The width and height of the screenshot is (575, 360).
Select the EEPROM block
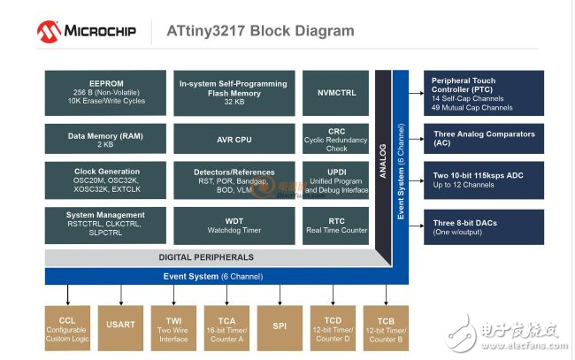click(x=106, y=91)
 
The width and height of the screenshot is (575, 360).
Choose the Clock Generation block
click(x=106, y=181)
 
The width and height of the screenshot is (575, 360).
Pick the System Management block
click(x=106, y=225)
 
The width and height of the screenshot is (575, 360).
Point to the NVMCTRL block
click(x=336, y=91)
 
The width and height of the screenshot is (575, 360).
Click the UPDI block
click(x=336, y=181)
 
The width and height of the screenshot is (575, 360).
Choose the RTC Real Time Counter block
click(x=336, y=225)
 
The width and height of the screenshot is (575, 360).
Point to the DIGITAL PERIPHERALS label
click(x=205, y=257)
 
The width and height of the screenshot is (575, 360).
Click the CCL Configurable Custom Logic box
click(x=67, y=328)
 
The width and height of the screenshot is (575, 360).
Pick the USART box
click(x=121, y=328)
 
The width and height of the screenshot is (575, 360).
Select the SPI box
click(x=280, y=328)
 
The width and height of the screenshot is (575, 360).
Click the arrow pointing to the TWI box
click(x=173, y=295)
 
